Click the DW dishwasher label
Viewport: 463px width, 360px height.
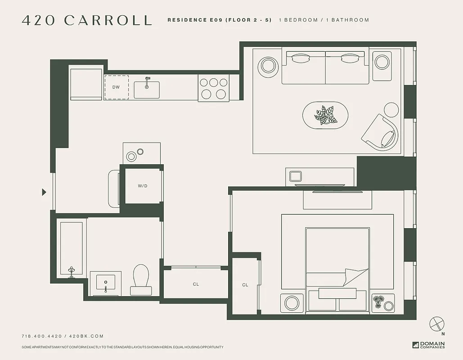tap(116, 87)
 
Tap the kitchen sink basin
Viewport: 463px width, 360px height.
tap(147, 90)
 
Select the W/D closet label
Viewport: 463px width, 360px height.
tap(143, 185)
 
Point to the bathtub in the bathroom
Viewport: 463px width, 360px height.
tap(72, 247)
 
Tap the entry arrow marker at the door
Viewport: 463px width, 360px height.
tap(44, 192)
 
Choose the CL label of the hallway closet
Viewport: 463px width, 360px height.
tap(196, 284)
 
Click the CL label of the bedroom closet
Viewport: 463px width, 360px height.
tap(245, 285)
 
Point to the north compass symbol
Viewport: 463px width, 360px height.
tap(437, 324)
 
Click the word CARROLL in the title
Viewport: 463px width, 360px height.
tap(108, 20)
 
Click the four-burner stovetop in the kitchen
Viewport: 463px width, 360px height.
tap(214, 88)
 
